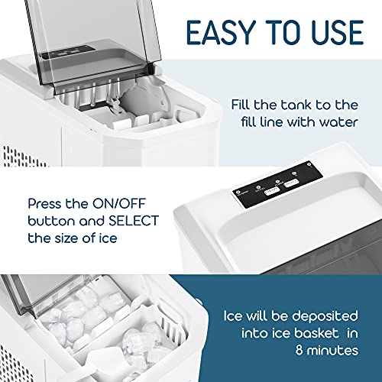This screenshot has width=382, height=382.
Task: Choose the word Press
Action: (x=48, y=205)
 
